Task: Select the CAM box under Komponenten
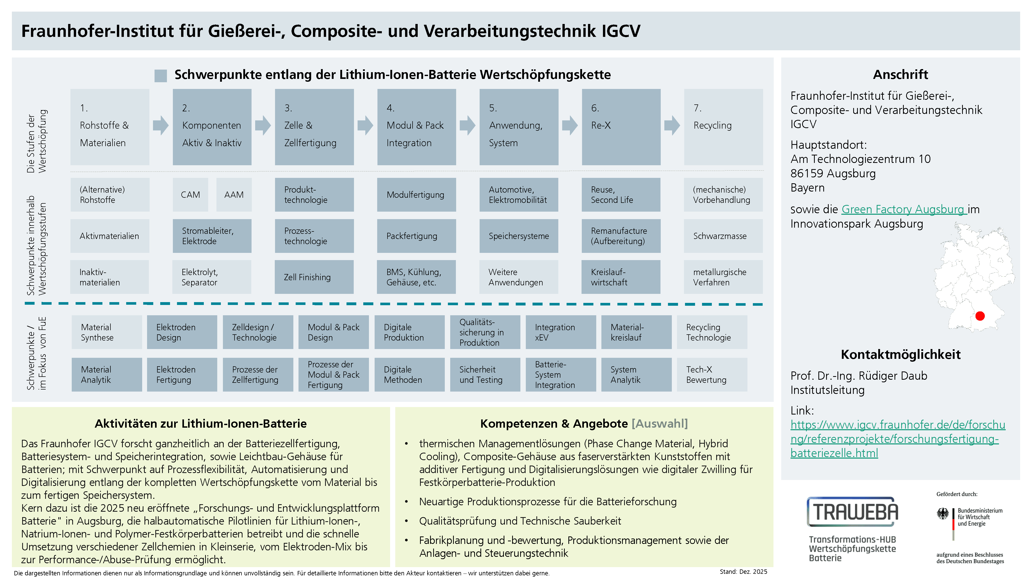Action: pos(190,195)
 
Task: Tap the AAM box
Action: pos(234,195)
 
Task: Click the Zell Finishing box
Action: pos(314,277)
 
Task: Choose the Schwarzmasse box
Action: pos(723,236)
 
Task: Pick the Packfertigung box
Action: pos(416,236)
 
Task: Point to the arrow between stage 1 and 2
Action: pos(161,125)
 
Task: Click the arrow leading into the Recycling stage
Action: pos(672,125)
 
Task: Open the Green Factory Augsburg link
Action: pos(904,209)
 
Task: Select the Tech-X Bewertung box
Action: pos(712,375)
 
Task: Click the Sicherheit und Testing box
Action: pos(485,375)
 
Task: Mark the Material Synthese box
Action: pos(107,332)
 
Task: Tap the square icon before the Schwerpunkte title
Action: pos(161,76)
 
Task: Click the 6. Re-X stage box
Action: pos(621,127)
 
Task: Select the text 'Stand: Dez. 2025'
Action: pos(743,571)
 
